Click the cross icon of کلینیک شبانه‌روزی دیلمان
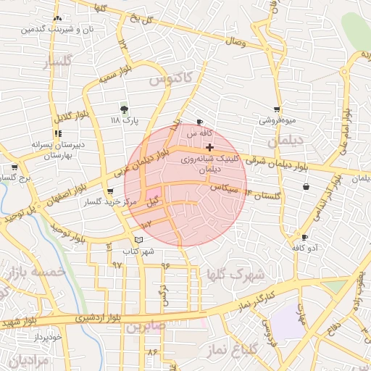(x=210, y=147)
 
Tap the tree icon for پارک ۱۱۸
(x=125, y=109)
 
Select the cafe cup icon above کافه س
(x=200, y=122)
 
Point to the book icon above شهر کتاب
(x=138, y=240)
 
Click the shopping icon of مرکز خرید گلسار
(x=110, y=191)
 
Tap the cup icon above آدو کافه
(x=304, y=238)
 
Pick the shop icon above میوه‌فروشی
(x=277, y=109)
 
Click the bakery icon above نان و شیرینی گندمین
(x=57, y=19)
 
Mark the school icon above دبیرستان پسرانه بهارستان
(x=58, y=133)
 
